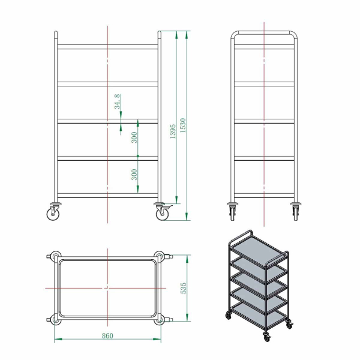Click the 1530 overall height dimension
pos(183,125)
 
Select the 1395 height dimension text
pos(173,131)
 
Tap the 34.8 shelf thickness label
pos(118,101)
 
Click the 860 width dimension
pos(107,335)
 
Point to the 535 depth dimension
pos(184,288)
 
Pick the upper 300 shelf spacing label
pos(134,137)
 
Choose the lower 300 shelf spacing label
pos(134,175)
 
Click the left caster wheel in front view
pos(53,211)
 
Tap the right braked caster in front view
pos(163,211)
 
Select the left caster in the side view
pos(232,211)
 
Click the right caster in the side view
pos(296,211)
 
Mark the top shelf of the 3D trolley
pos(258,250)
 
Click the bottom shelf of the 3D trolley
pos(258,314)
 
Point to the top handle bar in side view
pos(264,32)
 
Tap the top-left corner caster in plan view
pos(54,257)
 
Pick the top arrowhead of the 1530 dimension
pos(187,35)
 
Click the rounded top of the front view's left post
pos(56,32)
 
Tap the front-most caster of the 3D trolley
pos(267,337)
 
